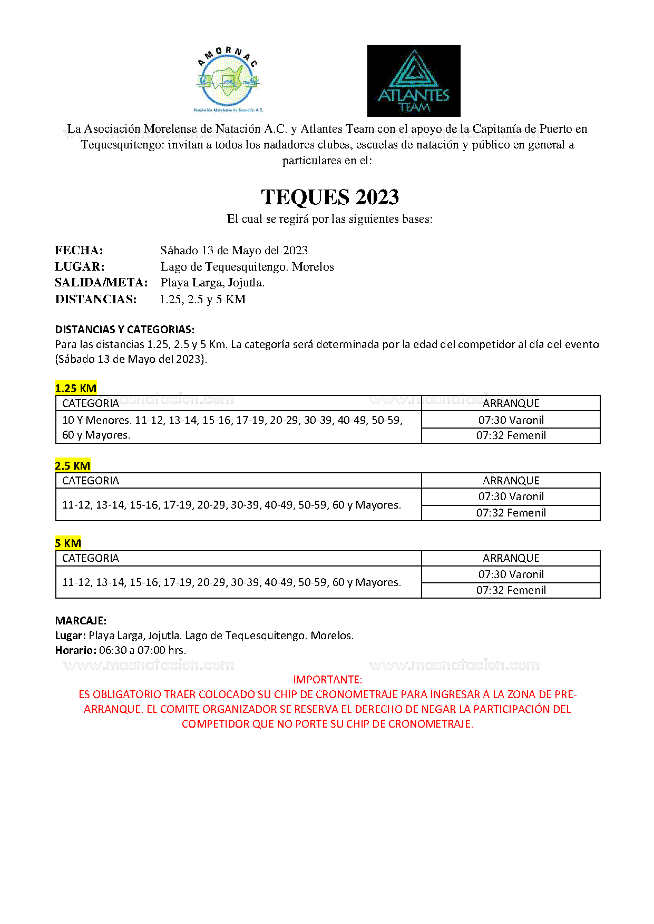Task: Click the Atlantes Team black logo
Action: pyautogui.click(x=414, y=81)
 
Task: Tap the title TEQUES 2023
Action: pyautogui.click(x=330, y=197)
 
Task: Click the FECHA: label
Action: pyautogui.click(x=79, y=251)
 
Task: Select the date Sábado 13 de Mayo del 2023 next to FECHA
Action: pyautogui.click(x=234, y=251)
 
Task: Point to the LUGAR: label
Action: pyautogui.click(x=80, y=267)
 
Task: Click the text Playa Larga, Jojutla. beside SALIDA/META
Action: pyautogui.click(x=212, y=283)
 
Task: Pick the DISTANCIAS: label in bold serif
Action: pyautogui.click(x=96, y=300)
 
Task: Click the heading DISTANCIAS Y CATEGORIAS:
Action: pyautogui.click(x=125, y=330)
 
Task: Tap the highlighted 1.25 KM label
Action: pyautogui.click(x=76, y=389)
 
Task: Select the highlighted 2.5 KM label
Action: pyautogui.click(x=73, y=466)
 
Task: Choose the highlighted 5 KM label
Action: pyautogui.click(x=68, y=543)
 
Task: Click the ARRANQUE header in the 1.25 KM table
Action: pyautogui.click(x=511, y=403)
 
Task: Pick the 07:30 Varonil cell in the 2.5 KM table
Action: pyautogui.click(x=511, y=496)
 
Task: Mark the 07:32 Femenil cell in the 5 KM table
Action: pyautogui.click(x=511, y=590)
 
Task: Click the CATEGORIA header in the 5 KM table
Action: pyautogui.click(x=91, y=558)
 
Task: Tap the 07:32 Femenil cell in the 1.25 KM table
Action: pyautogui.click(x=511, y=435)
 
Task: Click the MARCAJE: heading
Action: pyautogui.click(x=81, y=621)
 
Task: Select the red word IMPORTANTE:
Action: pyautogui.click(x=327, y=680)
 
